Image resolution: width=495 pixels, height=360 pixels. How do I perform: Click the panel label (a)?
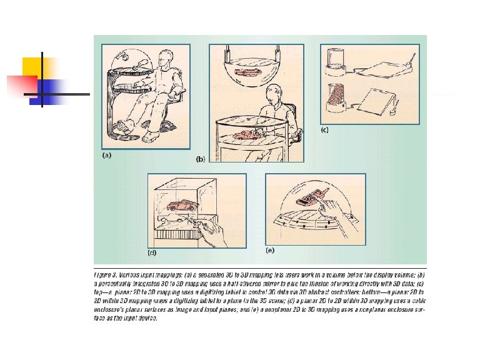click(107, 156)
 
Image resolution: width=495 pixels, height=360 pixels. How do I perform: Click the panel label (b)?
click(201, 159)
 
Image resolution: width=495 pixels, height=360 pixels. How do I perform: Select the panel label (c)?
click(325, 131)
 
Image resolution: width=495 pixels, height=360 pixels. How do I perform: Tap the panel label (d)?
click(151, 253)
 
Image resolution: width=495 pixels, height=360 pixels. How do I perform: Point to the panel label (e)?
click(270, 250)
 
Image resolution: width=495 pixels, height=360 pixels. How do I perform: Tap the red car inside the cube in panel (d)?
click(182, 206)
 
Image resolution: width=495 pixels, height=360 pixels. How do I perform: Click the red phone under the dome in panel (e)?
click(311, 198)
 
